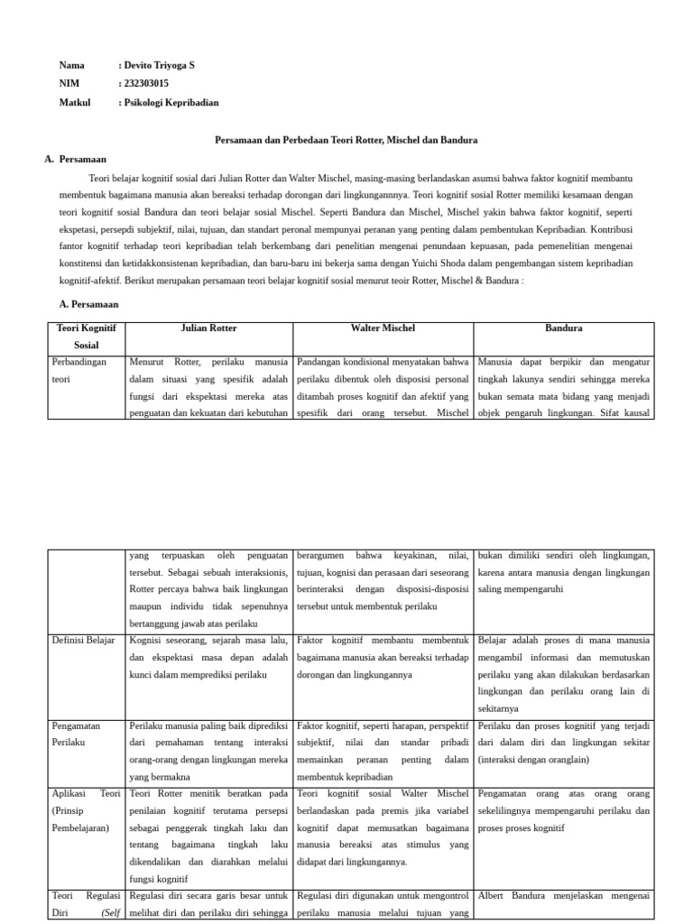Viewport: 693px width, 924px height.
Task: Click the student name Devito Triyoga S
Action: coord(159,65)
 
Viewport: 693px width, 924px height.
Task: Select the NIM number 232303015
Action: coord(146,84)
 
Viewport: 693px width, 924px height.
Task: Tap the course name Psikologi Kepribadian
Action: coord(171,103)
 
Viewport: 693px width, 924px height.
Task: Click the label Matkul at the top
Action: coord(75,103)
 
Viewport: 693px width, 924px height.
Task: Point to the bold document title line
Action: coord(346,141)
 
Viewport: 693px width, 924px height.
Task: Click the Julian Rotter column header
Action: coord(209,328)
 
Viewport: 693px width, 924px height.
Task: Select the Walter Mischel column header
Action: coord(383,328)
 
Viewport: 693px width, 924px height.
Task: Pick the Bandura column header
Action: coord(564,328)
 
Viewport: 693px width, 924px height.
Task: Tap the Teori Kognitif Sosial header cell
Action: coord(88,337)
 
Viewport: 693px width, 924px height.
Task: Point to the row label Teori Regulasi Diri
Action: coord(88,904)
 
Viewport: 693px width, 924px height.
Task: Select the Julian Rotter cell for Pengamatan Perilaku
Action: coord(209,751)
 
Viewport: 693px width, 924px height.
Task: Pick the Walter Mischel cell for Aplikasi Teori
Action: coord(383,827)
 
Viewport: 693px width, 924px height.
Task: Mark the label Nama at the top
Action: coord(72,65)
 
